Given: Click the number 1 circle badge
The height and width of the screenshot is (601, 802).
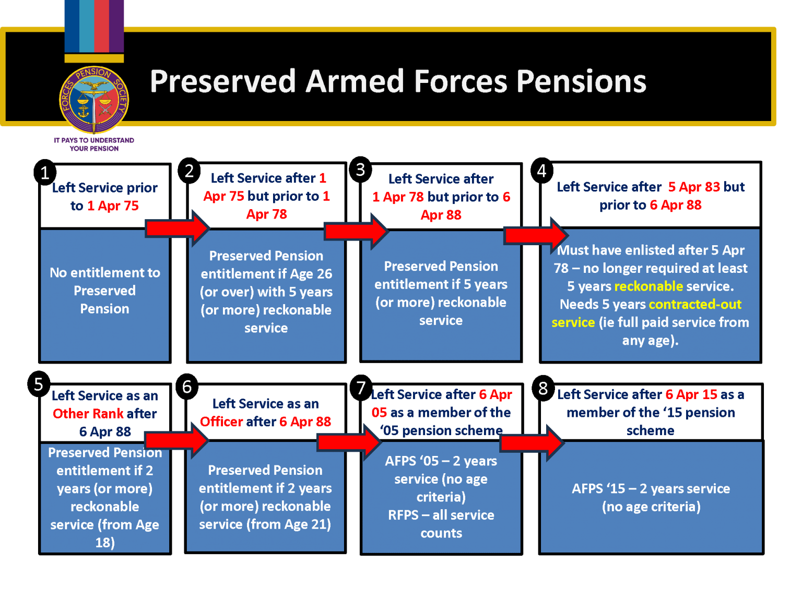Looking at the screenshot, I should click(x=45, y=173).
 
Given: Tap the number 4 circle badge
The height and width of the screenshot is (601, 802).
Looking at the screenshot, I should click(x=542, y=171).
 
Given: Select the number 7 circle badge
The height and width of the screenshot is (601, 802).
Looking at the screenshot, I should click(x=361, y=388).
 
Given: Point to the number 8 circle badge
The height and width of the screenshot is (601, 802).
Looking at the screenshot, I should click(x=543, y=388).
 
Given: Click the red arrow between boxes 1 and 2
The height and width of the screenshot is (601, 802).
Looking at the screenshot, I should click(x=177, y=228).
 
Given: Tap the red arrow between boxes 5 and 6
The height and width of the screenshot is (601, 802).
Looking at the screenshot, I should click(x=176, y=440).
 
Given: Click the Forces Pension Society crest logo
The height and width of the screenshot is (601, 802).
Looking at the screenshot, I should click(x=94, y=100).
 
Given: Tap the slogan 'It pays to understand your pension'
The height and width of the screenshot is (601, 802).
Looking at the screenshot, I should click(x=94, y=145).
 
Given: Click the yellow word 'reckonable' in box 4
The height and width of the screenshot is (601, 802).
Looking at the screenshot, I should click(x=648, y=286).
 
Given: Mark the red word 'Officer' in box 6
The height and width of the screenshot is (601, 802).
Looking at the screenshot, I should click(x=221, y=422).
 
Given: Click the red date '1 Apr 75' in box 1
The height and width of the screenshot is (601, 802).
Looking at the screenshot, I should click(x=113, y=206).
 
